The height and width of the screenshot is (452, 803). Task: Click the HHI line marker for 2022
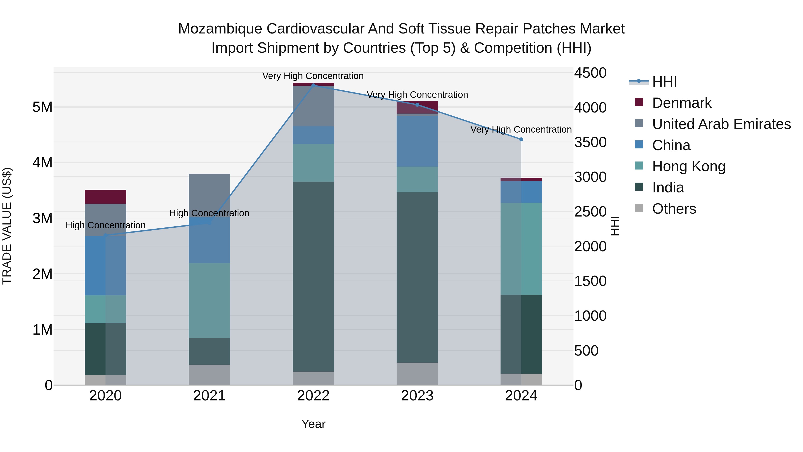coord(313,85)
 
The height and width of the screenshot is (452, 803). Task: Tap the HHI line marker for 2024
coord(521,140)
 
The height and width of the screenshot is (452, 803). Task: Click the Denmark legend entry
coord(681,103)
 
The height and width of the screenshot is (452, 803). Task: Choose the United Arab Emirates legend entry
coord(721,124)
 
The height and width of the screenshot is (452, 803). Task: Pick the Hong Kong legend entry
coord(689,166)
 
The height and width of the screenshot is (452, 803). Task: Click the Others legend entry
coord(674,209)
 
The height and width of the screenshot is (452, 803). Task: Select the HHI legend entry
coord(664,82)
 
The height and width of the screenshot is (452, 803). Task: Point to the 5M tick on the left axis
coord(42,107)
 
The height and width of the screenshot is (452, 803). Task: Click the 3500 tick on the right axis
coord(590,142)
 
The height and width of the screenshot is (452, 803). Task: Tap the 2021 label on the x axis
coord(209,396)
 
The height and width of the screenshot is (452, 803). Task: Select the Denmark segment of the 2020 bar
coord(105,196)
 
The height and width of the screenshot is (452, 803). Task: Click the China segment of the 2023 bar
coord(417,141)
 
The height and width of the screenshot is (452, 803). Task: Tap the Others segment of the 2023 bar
coord(417,373)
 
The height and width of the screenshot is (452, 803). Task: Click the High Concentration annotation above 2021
coord(209,213)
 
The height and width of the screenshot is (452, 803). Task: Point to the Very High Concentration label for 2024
coord(521,129)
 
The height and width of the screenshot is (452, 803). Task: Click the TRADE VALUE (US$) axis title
coord(7,226)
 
